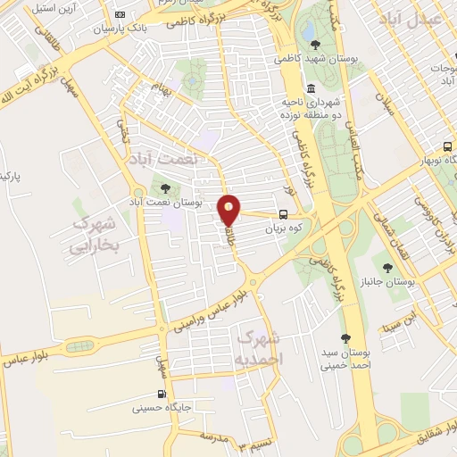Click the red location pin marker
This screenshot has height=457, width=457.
229,209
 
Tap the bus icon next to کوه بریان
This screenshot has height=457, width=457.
283,214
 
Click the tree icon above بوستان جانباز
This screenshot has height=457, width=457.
386,267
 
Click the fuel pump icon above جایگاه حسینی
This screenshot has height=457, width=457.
161,394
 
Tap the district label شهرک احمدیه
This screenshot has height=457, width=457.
260,346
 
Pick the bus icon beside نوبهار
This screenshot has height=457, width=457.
447,148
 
